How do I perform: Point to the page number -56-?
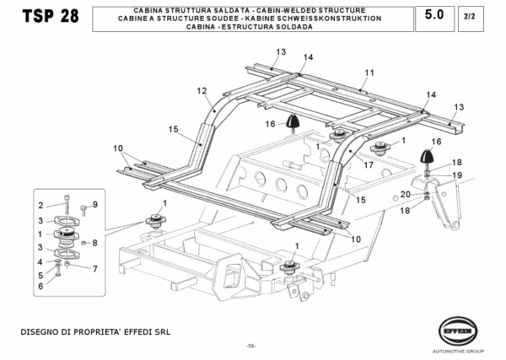(251, 346)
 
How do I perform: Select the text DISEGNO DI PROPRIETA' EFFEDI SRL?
(95, 331)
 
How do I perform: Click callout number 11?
(369, 73)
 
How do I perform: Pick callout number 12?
(202, 90)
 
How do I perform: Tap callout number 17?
(369, 165)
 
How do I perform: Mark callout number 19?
(458, 175)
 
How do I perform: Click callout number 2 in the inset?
(40, 205)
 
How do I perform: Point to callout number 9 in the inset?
(95, 205)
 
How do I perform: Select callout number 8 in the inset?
(94, 243)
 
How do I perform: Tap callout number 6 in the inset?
(40, 287)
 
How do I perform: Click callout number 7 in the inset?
(94, 269)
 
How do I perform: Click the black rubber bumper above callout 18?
(428, 157)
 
